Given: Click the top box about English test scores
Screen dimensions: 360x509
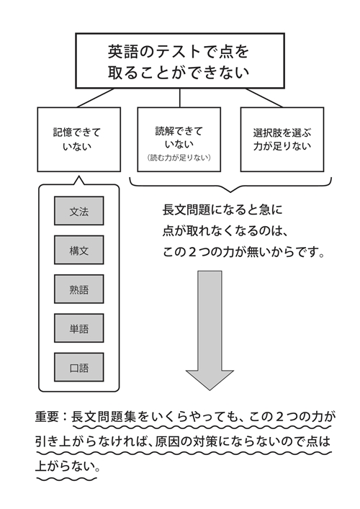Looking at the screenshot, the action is coord(180,60).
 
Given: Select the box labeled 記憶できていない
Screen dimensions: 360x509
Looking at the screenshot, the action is coord(79,140).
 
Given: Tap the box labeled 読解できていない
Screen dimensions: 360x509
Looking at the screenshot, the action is coord(179,140).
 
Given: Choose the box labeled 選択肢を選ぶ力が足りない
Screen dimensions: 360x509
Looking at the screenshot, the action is coord(282,140).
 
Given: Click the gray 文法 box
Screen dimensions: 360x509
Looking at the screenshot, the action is coord(79,211).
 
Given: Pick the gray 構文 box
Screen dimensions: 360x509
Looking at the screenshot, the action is coord(79,250).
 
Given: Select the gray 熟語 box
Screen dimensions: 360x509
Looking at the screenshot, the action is coord(79,289).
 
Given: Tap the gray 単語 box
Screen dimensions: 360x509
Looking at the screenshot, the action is coord(79,328).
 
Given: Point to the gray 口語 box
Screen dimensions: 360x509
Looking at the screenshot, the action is coord(79,367).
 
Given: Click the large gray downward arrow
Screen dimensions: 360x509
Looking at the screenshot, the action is coord(210,330).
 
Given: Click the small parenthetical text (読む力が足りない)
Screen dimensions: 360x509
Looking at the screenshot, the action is coord(179,158).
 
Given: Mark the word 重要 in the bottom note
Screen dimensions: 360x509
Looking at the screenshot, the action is coord(48,417).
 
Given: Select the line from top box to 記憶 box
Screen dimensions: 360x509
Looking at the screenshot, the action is coord(96,98).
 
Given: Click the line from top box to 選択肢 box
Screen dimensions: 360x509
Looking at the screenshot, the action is coord(264,98).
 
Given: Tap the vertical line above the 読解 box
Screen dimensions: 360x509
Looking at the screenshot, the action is coord(179,98).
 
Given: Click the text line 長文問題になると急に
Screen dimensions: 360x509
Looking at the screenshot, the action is coord(222,210).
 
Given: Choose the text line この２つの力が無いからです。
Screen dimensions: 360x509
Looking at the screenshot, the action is coord(243,252).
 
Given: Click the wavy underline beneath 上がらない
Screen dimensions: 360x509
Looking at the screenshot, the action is coord(66,479).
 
